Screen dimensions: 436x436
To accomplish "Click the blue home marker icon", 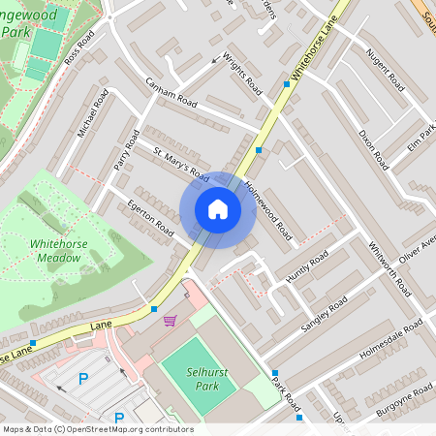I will pos(218,209).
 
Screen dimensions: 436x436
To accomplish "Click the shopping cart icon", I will pos(171,321).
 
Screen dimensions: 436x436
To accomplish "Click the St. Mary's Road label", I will pos(181,164).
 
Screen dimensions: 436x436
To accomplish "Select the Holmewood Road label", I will pos(268,211).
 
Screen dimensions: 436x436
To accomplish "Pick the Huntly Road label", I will pos(307,266).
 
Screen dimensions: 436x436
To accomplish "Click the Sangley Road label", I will pos(324,317).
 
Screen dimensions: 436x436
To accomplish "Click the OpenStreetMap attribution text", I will pos(97,429).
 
